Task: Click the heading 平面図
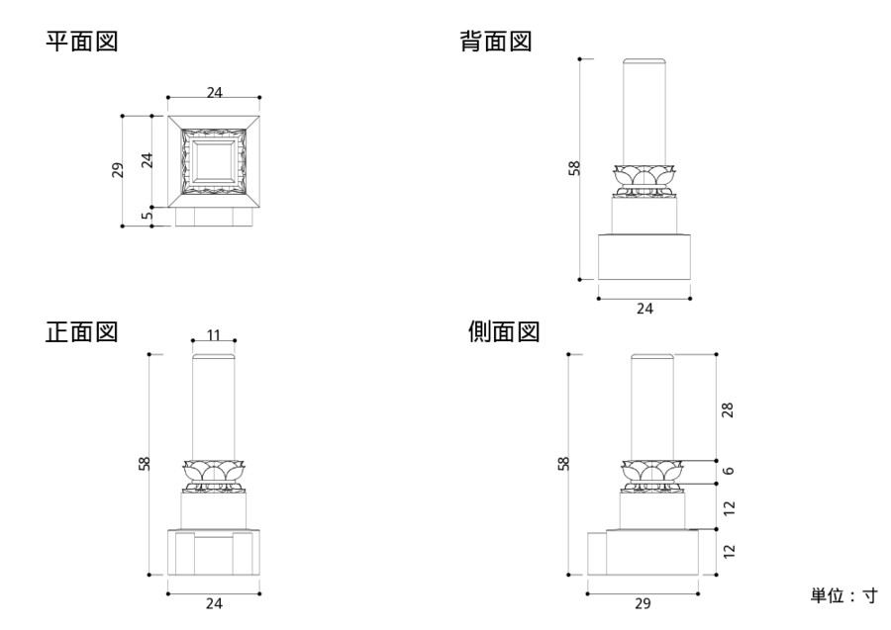click(82, 43)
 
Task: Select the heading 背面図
click(497, 43)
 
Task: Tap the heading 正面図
click(82, 331)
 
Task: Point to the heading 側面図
click(503, 331)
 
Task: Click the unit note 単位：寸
click(843, 595)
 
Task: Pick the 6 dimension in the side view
click(729, 472)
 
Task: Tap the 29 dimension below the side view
click(643, 602)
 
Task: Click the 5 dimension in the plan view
click(147, 216)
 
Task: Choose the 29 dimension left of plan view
click(116, 169)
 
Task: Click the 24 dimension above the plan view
click(214, 92)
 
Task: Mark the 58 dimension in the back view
click(574, 169)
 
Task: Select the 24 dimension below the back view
click(644, 309)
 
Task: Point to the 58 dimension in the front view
click(144, 463)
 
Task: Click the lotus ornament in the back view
click(643, 178)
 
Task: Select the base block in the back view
click(644, 256)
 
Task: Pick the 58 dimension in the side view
click(563, 463)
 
